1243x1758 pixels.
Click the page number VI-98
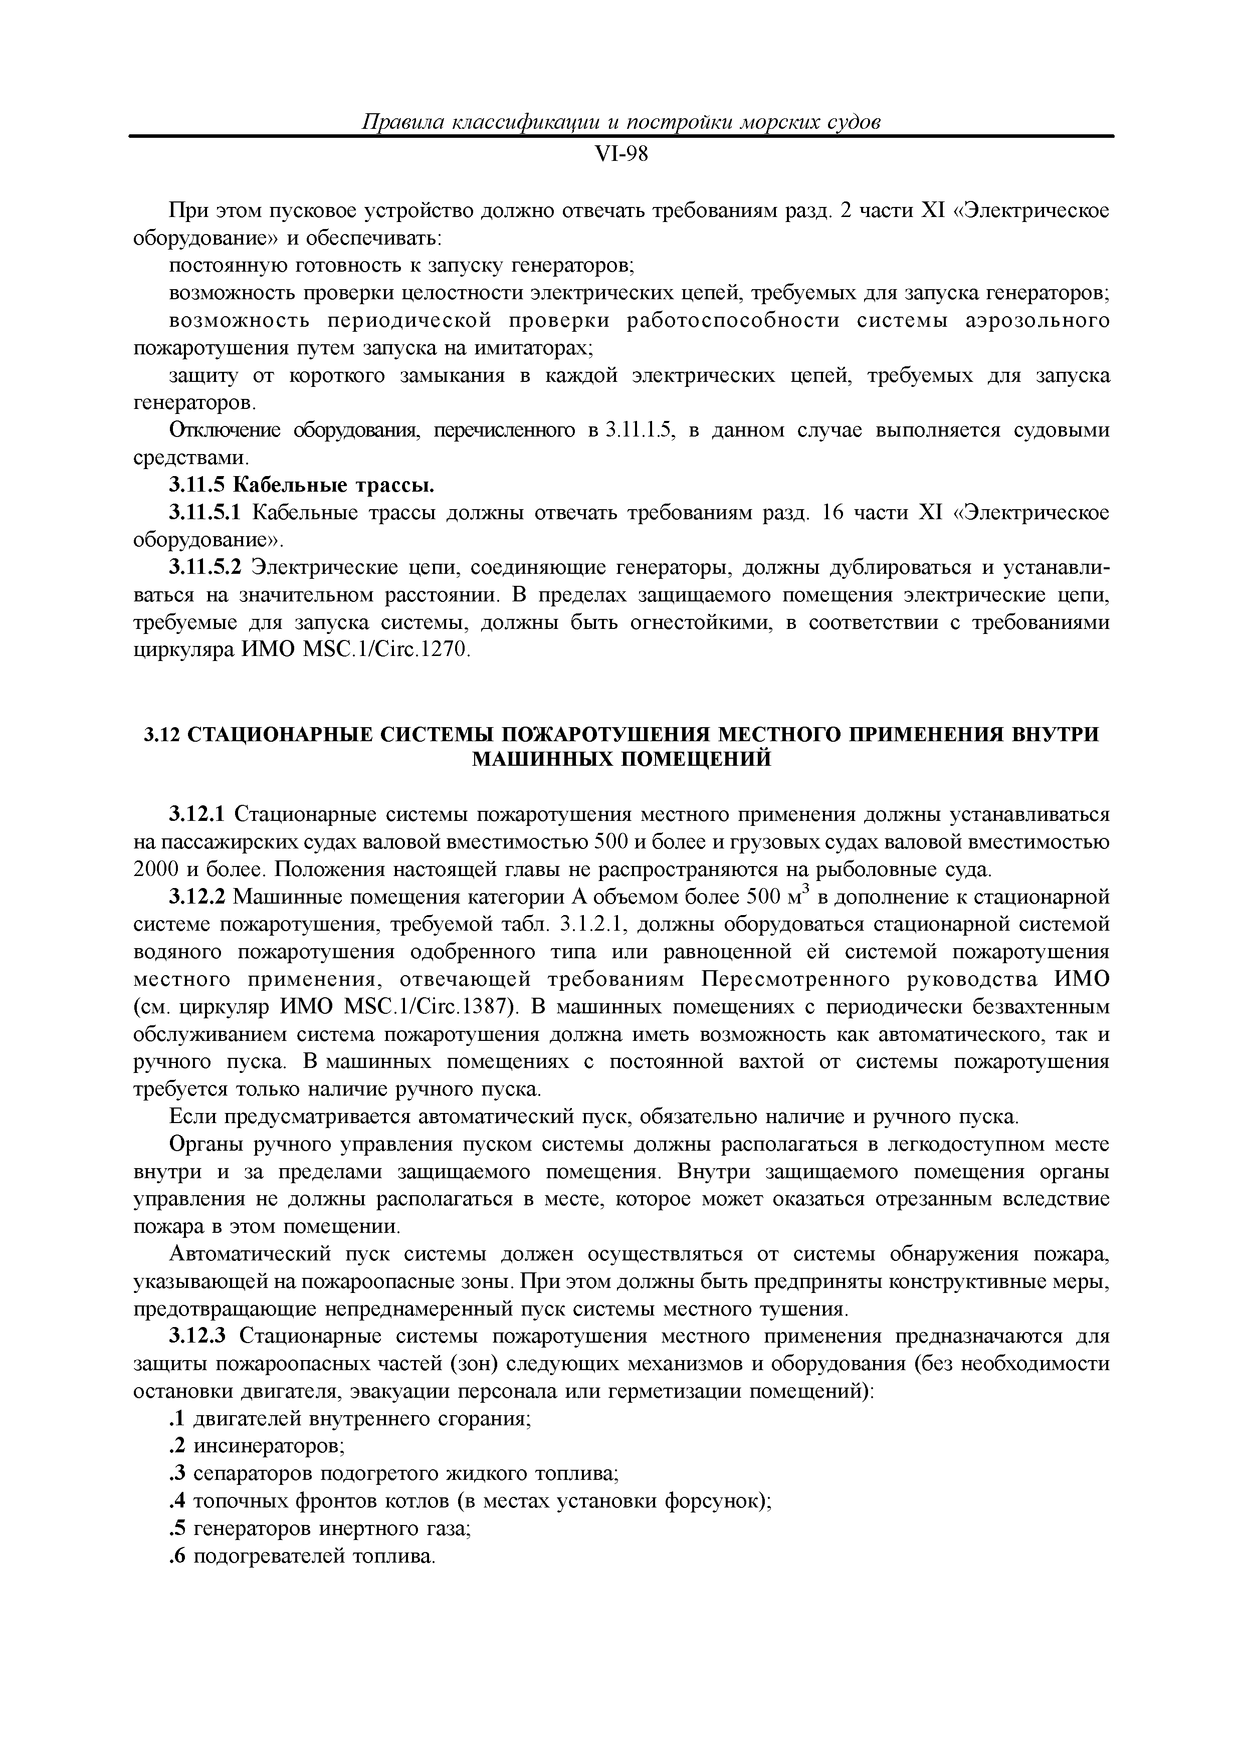(621, 155)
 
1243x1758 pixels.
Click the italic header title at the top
(621, 122)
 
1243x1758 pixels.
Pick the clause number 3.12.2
(197, 898)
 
